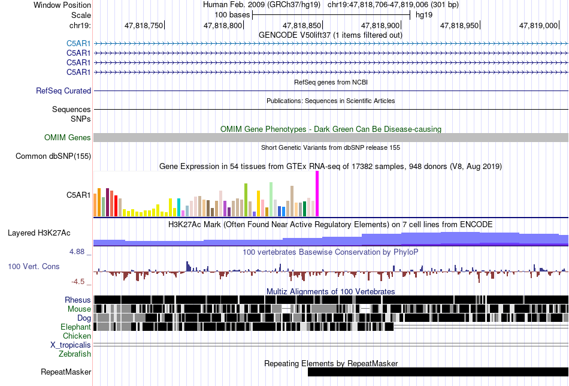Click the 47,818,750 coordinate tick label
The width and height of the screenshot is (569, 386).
(144, 25)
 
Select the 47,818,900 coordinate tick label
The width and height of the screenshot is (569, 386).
(380, 25)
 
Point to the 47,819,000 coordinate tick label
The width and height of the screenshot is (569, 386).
(538, 25)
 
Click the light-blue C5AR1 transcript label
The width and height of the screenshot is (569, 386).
(78, 44)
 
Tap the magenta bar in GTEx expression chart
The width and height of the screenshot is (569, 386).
(317, 194)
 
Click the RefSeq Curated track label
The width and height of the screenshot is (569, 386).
(63, 91)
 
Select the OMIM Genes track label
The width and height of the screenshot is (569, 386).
(68, 138)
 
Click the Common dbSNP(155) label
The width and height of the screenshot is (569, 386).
(53, 156)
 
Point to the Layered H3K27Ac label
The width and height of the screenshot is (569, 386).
(39, 233)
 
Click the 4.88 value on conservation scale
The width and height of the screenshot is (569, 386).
(77, 252)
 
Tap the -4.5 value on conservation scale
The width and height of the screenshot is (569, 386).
(78, 282)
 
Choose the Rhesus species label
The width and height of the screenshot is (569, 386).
(78, 300)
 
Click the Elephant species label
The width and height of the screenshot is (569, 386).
(75, 327)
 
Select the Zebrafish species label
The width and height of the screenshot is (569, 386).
(75, 354)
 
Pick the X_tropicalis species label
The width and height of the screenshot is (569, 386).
(71, 345)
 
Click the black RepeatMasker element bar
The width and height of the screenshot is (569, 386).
(438, 372)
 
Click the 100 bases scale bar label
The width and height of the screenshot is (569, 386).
(232, 15)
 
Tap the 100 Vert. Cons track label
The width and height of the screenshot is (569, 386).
(34, 267)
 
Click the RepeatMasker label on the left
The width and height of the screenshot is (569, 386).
(66, 372)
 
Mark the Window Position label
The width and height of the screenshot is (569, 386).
(62, 5)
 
